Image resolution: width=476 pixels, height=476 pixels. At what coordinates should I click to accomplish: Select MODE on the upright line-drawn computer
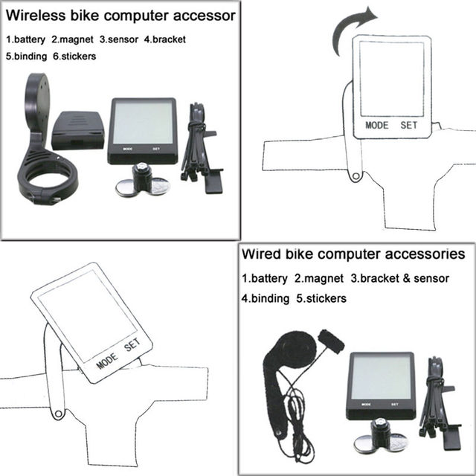(377, 125)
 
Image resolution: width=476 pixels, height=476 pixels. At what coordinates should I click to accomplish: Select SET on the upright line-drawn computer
(410, 125)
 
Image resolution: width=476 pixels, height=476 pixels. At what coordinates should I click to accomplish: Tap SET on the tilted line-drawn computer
(131, 346)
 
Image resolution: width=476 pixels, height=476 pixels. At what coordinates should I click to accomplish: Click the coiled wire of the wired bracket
(297, 405)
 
